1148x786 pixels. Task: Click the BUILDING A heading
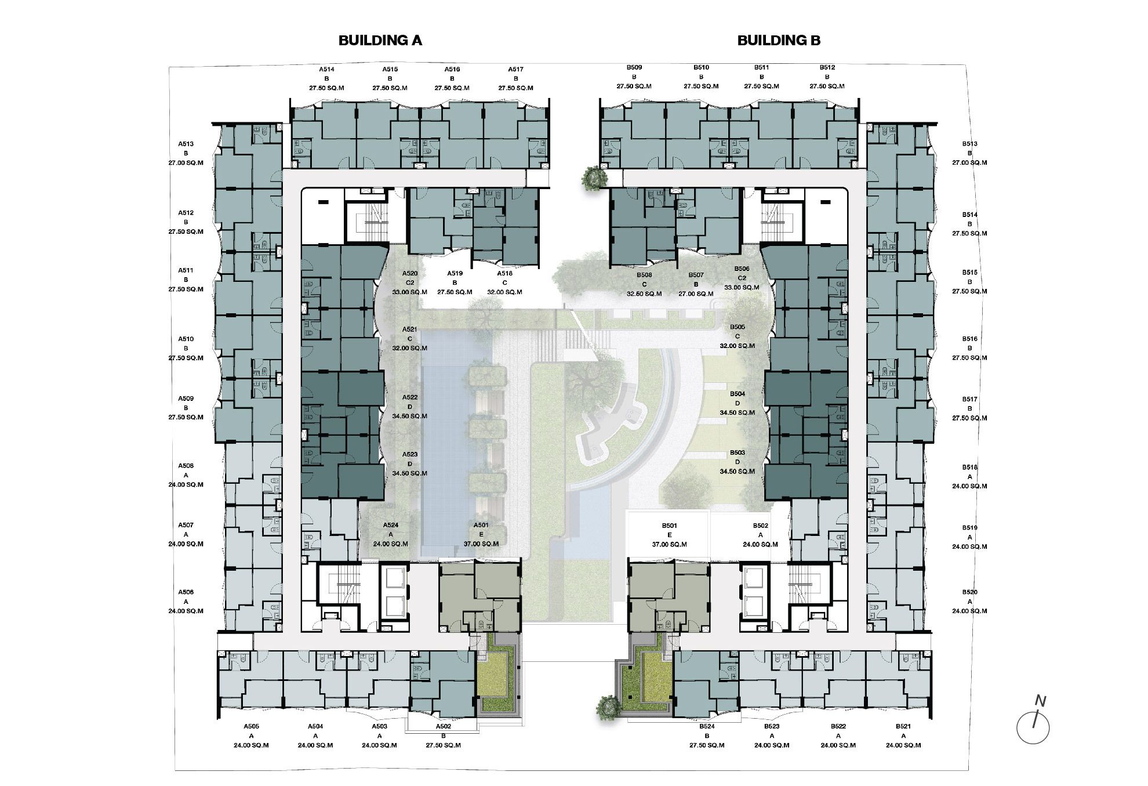tap(380, 40)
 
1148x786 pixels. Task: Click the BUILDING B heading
tap(779, 40)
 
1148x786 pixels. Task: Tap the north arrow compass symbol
tap(1033, 722)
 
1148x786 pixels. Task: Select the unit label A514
tap(326, 69)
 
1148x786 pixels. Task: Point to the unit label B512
tap(827, 67)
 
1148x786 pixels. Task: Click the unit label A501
tap(481, 525)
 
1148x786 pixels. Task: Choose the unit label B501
tap(670, 526)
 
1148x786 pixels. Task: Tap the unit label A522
tap(409, 397)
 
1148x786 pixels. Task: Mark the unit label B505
tap(738, 327)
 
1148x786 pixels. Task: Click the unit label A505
tap(251, 726)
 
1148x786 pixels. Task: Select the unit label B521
tap(903, 726)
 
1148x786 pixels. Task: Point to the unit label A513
tap(186, 144)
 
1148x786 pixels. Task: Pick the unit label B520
tap(969, 592)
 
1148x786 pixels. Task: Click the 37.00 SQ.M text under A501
tap(481, 544)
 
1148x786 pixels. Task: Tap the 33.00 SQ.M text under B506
tap(742, 288)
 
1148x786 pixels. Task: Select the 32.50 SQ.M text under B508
tap(644, 294)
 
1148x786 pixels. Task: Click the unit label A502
tap(444, 726)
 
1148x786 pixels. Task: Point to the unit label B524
tap(707, 726)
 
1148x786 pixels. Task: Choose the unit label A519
tap(455, 273)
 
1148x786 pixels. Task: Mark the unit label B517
tap(969, 399)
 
